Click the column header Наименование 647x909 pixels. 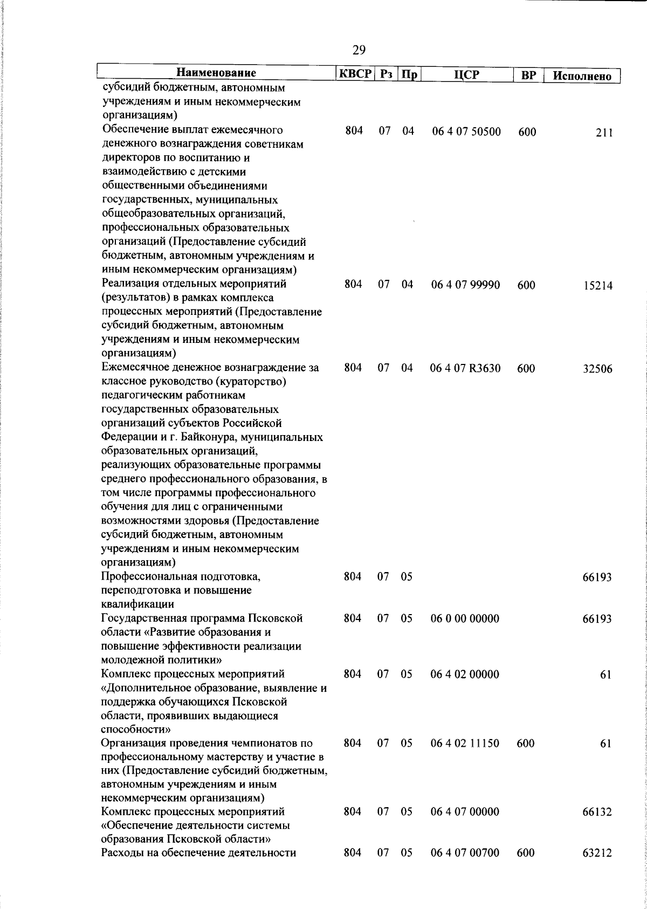(x=216, y=73)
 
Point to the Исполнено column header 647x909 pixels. (x=582, y=76)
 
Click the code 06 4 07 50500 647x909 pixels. (x=466, y=132)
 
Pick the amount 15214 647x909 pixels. (x=597, y=286)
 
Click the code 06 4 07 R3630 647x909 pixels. (x=465, y=369)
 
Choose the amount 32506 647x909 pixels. (x=597, y=370)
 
